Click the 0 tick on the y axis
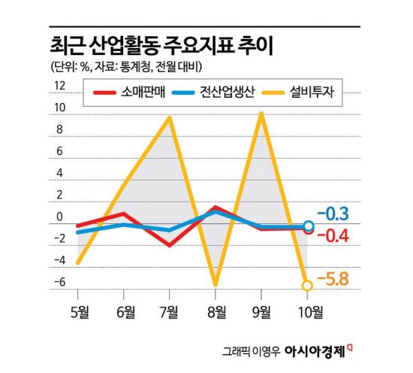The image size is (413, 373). tap(60, 218)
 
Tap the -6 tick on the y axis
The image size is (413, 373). tap(59, 283)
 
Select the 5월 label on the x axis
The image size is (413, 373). tap(77, 310)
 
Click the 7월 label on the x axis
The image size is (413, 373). tap(170, 310)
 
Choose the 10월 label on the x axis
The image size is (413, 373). tap(308, 310)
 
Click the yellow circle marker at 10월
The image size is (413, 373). tap(308, 285)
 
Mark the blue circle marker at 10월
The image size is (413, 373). tap(309, 226)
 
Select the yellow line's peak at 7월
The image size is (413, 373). tap(170, 117)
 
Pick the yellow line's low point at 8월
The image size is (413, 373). tap(216, 285)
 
